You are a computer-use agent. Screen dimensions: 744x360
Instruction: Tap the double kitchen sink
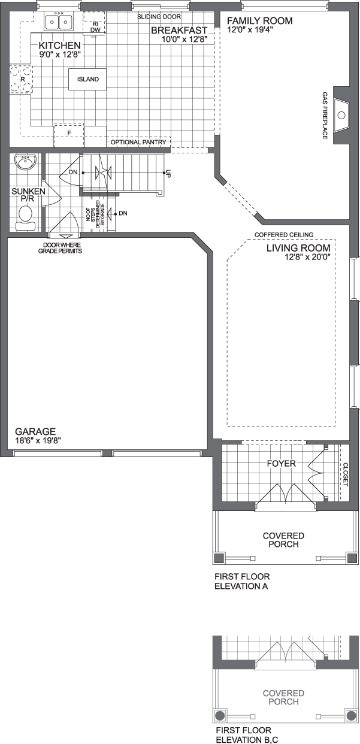[x=59, y=22]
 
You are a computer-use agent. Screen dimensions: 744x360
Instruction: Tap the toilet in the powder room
[x=26, y=215]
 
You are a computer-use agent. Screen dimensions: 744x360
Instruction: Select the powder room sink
[x=26, y=162]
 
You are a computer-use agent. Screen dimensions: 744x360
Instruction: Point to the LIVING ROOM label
[x=298, y=247]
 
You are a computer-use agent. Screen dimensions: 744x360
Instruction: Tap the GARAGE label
[x=35, y=431]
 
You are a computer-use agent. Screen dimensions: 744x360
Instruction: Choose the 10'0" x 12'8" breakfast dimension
[x=184, y=40]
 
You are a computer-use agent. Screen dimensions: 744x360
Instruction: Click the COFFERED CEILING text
[x=283, y=235]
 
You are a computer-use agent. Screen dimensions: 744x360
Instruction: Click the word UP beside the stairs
[x=168, y=174]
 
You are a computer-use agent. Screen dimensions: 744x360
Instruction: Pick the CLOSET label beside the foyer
[x=344, y=473]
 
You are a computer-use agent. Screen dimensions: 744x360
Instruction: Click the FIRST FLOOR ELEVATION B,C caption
[x=244, y=735]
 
